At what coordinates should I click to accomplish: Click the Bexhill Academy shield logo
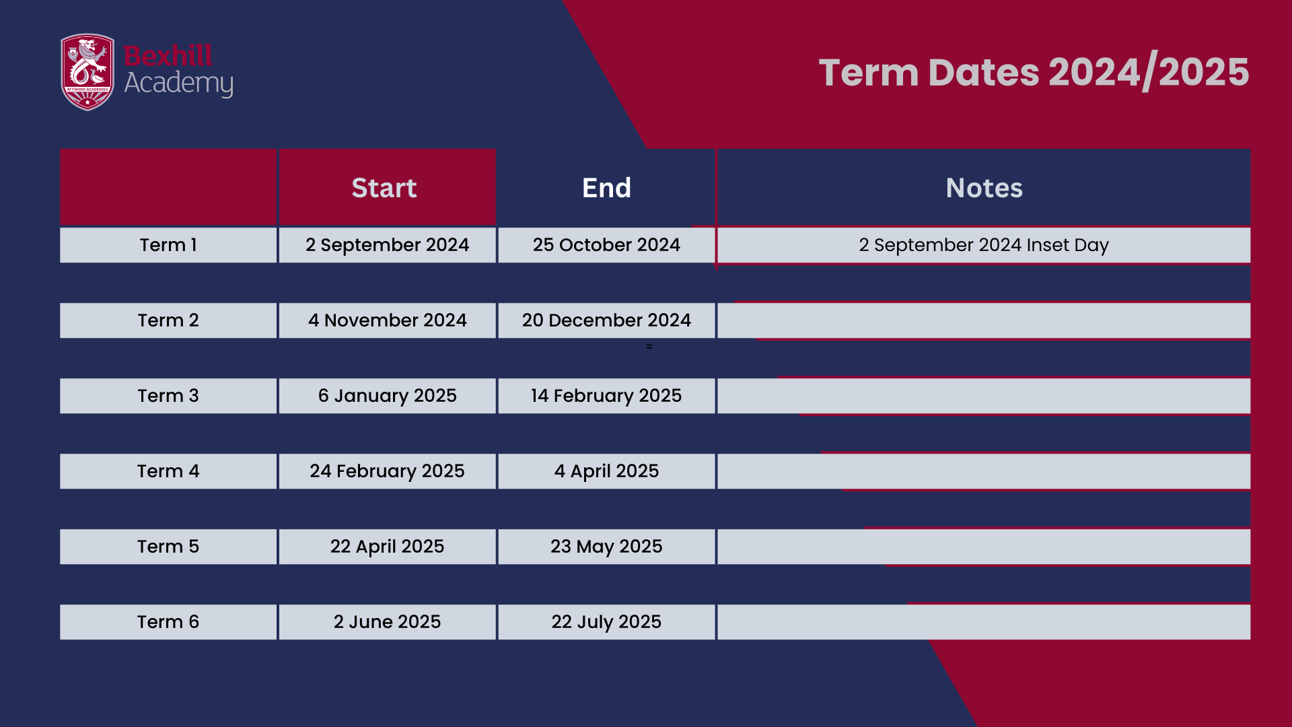tap(87, 72)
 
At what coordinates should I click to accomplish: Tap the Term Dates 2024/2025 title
tap(1034, 72)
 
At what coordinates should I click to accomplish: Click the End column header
tap(606, 188)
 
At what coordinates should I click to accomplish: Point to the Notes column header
tap(984, 188)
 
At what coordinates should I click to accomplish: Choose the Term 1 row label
tap(168, 245)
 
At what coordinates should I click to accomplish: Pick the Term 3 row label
tap(168, 396)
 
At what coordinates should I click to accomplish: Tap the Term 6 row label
tap(168, 622)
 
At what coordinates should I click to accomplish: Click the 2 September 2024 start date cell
tap(388, 245)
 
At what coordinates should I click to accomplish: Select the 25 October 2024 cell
tap(606, 245)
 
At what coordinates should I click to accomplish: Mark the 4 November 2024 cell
tap(388, 320)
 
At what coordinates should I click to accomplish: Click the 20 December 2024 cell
tap(606, 320)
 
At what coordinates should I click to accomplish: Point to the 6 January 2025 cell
tap(388, 396)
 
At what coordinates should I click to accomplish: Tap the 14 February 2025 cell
tap(606, 396)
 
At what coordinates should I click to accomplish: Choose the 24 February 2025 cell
tap(388, 471)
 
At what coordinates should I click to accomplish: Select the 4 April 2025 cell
tap(606, 471)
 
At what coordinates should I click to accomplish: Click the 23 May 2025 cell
tap(606, 547)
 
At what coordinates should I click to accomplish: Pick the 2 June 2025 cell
tap(388, 622)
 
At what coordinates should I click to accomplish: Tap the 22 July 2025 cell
tap(606, 622)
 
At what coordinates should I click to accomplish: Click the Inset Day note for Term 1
tap(984, 245)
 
